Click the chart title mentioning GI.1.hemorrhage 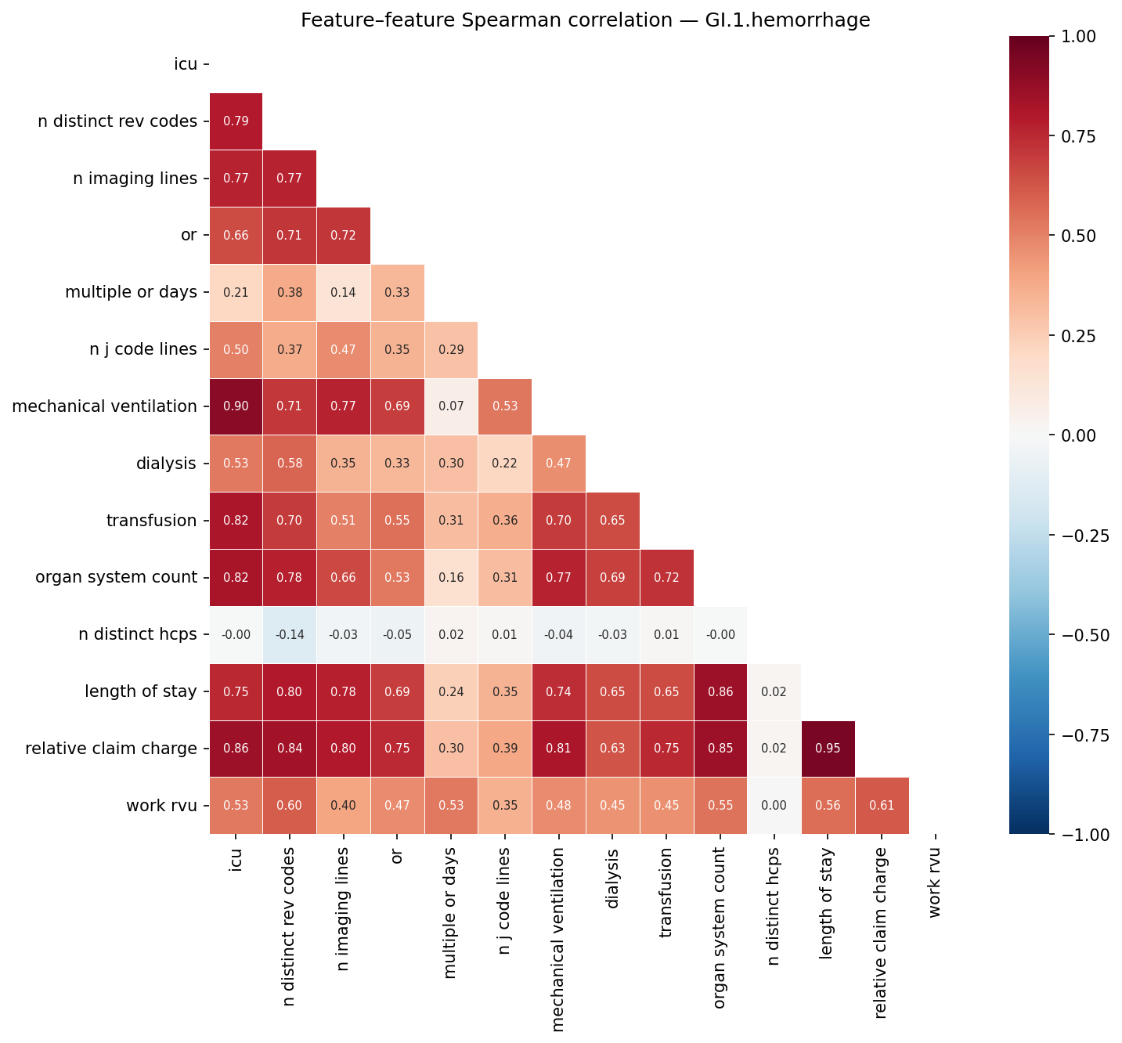(x=585, y=20)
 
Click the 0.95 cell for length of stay (x=828, y=749)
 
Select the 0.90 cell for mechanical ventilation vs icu (x=236, y=406)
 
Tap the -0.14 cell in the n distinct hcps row (x=290, y=635)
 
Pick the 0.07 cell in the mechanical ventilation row (x=451, y=406)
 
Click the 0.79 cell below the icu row (x=236, y=121)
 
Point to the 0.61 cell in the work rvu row (x=882, y=806)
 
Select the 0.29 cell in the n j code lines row (x=451, y=349)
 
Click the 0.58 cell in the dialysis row (x=290, y=464)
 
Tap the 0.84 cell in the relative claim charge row (x=290, y=749)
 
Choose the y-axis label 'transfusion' (x=151, y=521)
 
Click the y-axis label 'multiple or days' (x=131, y=292)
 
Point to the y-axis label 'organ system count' (x=116, y=578)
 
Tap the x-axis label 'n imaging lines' (x=344, y=908)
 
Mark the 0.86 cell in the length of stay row (x=720, y=692)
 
